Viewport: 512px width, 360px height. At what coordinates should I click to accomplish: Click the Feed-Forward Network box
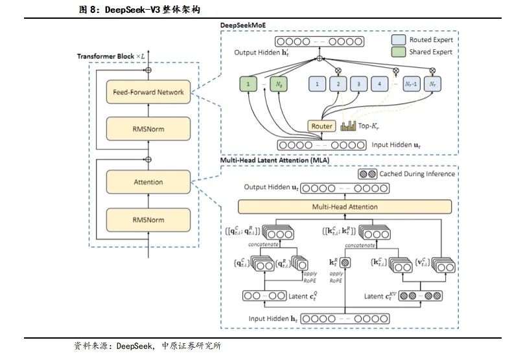pos(148,92)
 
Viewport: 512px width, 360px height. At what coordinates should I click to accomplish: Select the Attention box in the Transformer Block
pos(148,183)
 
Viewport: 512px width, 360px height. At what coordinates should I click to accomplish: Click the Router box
pos(321,126)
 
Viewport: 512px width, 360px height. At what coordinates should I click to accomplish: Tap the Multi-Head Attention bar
pos(344,207)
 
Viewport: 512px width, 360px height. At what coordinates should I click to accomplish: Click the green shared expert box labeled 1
pos(248,84)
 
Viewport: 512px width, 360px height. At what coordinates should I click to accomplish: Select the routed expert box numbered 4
pos(379,84)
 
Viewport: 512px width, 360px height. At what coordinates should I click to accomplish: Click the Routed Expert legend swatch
pos(399,39)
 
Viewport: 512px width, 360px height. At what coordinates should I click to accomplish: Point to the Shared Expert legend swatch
pos(399,52)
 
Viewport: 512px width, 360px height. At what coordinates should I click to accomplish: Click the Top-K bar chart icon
pos(348,126)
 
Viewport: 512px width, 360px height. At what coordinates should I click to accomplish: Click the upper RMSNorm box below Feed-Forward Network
pos(148,129)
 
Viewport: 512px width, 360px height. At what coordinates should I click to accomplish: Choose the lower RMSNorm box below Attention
pos(148,219)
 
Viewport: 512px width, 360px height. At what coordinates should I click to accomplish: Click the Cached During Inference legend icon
pos(368,174)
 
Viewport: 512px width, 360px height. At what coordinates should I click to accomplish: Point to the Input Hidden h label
pos(273,319)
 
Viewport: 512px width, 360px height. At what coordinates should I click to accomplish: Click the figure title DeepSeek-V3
pos(133,10)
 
